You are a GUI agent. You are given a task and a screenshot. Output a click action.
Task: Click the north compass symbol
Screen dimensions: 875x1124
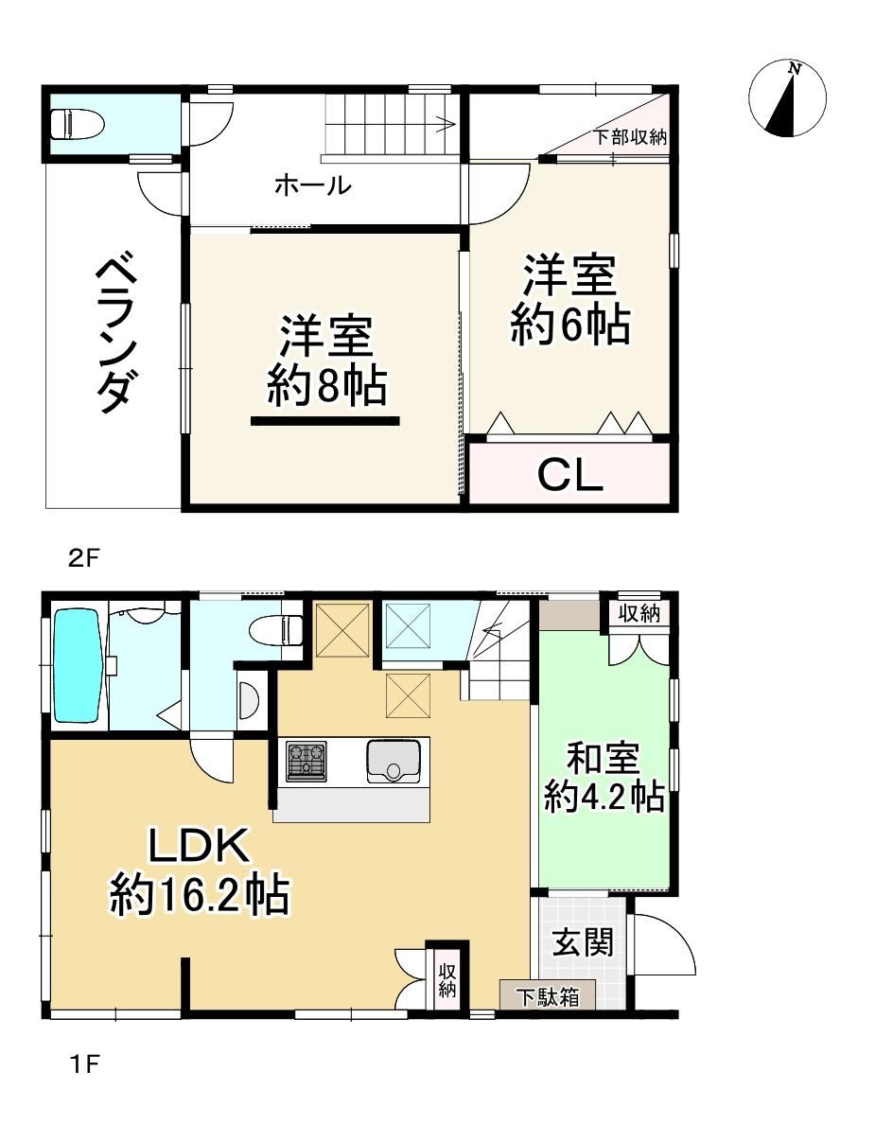tap(787, 98)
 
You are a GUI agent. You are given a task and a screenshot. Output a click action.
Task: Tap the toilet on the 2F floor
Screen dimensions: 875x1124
tap(78, 123)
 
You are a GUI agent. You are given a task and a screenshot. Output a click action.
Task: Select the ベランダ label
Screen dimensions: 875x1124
tap(114, 334)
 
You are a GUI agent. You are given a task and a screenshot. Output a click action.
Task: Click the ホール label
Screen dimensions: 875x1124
tap(313, 185)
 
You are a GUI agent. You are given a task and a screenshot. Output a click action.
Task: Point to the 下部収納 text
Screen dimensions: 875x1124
tap(630, 137)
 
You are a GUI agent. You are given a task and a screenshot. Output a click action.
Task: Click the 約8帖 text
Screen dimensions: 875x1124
tap(326, 386)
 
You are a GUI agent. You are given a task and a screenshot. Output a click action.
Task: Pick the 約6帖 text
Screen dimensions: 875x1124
tap(569, 325)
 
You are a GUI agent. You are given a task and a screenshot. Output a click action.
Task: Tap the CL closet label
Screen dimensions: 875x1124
tap(570, 475)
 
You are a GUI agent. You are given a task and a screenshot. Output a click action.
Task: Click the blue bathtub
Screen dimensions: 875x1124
tap(77, 666)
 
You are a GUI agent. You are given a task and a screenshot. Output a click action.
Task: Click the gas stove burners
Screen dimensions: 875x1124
tap(306, 761)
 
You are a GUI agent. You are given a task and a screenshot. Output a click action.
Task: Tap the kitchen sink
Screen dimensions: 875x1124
tap(394, 761)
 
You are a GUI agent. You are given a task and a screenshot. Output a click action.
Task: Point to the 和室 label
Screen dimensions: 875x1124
tap(604, 758)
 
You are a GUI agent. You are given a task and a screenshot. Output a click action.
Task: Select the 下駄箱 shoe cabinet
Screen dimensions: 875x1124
tap(548, 996)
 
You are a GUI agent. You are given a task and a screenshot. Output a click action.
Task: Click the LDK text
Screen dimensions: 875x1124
tap(199, 845)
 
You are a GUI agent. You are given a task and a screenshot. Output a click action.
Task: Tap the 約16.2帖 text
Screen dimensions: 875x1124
tap(200, 895)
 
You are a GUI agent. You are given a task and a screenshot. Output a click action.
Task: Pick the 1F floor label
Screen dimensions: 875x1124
tap(84, 1063)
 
